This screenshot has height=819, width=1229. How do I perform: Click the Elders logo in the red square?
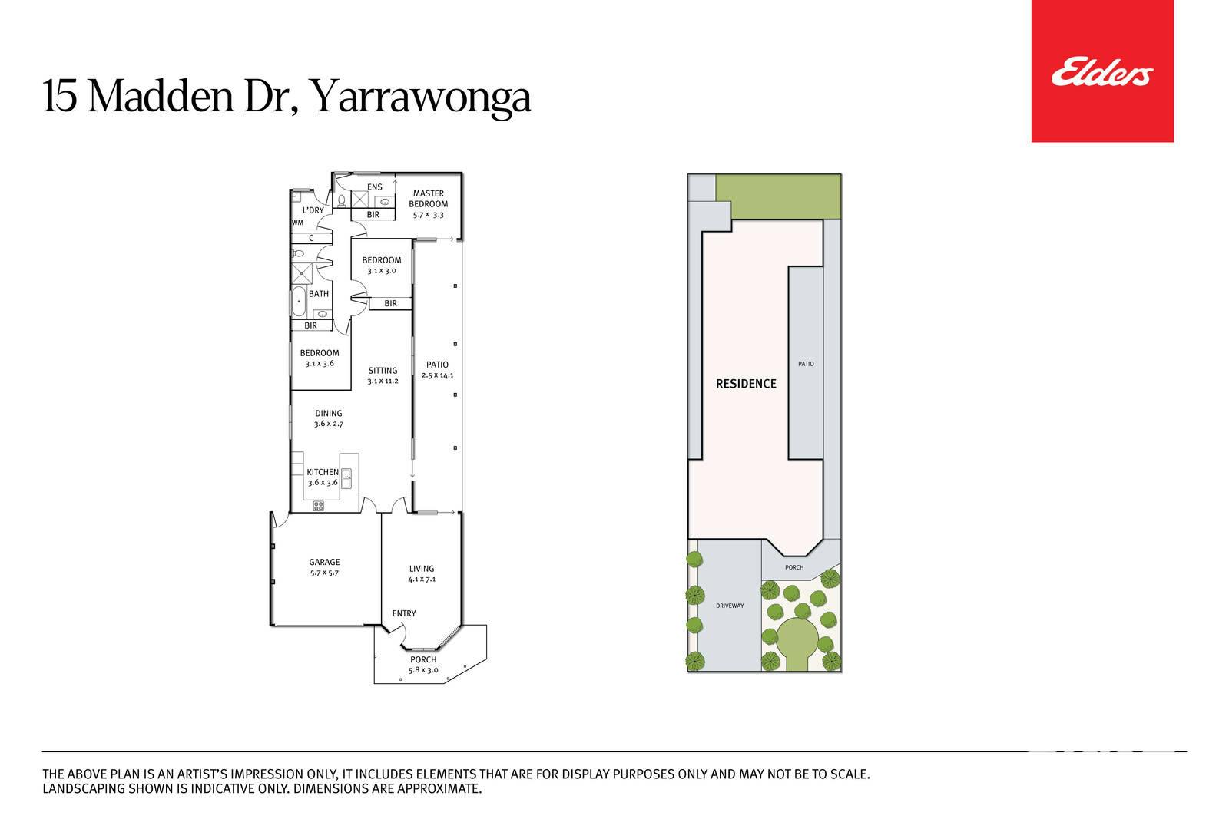(1102, 72)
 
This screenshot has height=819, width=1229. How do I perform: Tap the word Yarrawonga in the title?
(419, 97)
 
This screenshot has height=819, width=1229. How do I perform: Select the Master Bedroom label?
(429, 199)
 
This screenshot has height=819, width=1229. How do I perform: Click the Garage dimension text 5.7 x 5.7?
(324, 573)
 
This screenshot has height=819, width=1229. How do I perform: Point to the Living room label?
(422, 569)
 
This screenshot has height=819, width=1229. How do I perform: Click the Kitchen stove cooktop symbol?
(318, 506)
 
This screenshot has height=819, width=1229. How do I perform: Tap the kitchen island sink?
(346, 478)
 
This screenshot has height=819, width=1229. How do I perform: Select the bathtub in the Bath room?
(299, 302)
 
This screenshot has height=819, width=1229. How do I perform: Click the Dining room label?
(329, 413)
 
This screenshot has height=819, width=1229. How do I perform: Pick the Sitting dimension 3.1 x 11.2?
(383, 381)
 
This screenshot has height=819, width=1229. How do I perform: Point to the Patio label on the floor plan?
(437, 365)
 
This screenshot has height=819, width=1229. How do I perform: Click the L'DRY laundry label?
(313, 210)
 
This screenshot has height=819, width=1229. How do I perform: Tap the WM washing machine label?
(297, 223)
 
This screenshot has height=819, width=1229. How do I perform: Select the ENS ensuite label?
(375, 187)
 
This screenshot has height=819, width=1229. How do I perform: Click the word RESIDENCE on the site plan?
(746, 384)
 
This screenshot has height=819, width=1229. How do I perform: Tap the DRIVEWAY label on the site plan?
(730, 606)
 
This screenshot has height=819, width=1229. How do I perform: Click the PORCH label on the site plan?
(794, 567)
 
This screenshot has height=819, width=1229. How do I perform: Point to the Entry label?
(404, 613)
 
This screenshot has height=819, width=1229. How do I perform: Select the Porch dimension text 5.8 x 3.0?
(423, 670)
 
